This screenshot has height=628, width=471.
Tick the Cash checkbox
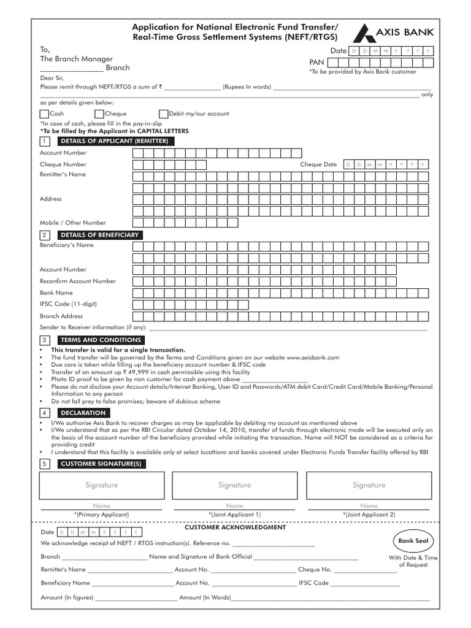pos(44,113)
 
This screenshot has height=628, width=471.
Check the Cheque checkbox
pos(99,113)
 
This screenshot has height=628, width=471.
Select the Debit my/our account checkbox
pos(163,113)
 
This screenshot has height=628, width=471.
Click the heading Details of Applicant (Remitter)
pos(114,141)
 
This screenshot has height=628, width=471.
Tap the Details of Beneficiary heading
pos(99,235)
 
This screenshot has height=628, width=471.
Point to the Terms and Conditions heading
pos(101,340)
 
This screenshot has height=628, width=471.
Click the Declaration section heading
pos(83,413)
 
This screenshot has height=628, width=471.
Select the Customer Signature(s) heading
pos(101,464)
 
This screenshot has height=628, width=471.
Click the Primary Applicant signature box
pos(101,485)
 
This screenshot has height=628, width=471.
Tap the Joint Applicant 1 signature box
pos(235,485)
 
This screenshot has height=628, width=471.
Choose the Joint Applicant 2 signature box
pos(369,485)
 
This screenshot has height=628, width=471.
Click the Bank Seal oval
pos(414,541)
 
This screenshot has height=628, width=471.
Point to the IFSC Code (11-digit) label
pos(68,304)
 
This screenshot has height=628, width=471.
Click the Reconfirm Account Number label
pos(78,281)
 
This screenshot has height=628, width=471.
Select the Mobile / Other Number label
pos(73,223)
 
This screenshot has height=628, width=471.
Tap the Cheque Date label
pos(318,164)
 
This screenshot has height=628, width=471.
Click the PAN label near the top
pos(316,63)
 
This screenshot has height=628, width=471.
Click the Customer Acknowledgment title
pos(235,527)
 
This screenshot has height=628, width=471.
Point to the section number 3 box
pos(45,340)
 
